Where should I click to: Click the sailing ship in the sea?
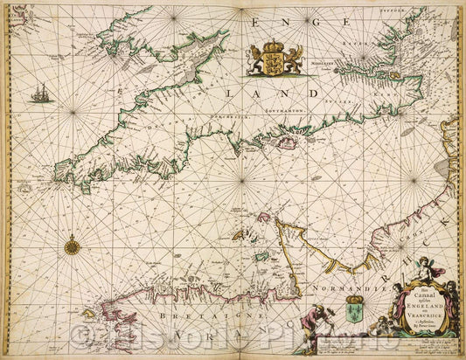point(40,92)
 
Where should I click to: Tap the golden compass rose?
point(72,246)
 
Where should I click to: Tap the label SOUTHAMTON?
point(253,121)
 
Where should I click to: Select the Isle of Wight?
point(287,142)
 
